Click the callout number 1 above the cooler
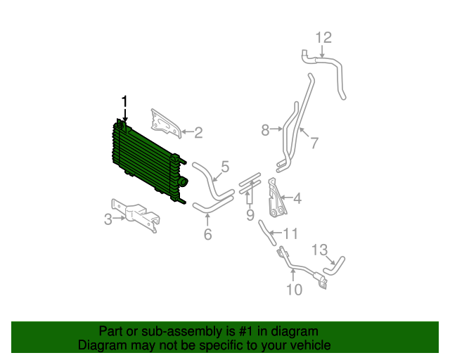[124, 102]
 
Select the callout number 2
[198, 131]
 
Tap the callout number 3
[108, 219]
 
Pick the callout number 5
[225, 167]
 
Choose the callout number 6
[207, 235]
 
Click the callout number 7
[314, 143]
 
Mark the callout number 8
[265, 129]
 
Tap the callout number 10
[293, 288]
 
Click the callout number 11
[291, 233]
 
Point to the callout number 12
[323, 37]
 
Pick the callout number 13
[319, 250]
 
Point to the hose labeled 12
[335, 70]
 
